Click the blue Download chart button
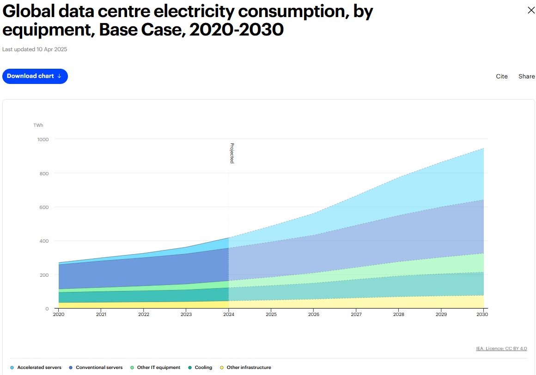[x=35, y=76]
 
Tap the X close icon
[x=531, y=11]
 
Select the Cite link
[x=501, y=77]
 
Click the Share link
[x=526, y=77]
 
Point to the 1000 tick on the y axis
[x=43, y=139]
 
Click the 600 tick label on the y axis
[x=44, y=207]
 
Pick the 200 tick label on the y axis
[x=44, y=275]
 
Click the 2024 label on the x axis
[x=229, y=314]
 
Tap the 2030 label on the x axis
[x=482, y=314]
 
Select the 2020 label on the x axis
[x=59, y=314]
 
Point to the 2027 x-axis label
[x=356, y=314]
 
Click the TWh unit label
[x=38, y=125]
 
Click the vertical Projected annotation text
[x=232, y=153]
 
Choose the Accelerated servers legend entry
[x=36, y=368]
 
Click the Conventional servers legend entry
[x=96, y=368]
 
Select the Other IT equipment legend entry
[x=155, y=368]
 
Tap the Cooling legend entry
[x=200, y=368]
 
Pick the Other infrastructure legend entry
[x=245, y=368]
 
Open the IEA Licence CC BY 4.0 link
[x=501, y=348]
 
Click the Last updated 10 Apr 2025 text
[x=35, y=49]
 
